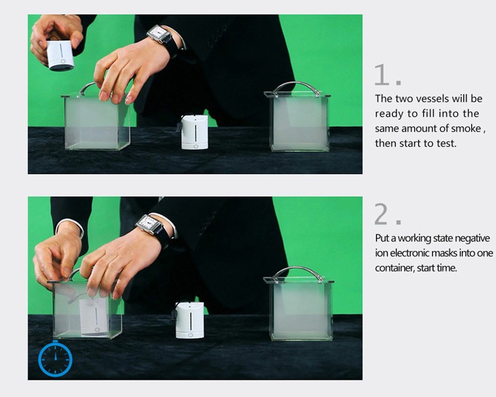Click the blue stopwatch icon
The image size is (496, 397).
pyautogui.click(x=56, y=359)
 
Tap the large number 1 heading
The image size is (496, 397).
pyautogui.click(x=382, y=75)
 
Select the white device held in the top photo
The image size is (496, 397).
pyautogui.click(x=60, y=55)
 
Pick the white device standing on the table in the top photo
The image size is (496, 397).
pyautogui.click(x=194, y=132)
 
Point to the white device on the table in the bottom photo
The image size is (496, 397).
pyautogui.click(x=190, y=320)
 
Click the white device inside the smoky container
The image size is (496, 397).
pyautogui.click(x=94, y=316)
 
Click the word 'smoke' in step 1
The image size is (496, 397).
pyautogui.click(x=466, y=128)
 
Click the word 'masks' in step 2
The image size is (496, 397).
pyautogui.click(x=444, y=253)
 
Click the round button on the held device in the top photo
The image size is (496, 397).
pyautogui.click(x=63, y=62)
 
